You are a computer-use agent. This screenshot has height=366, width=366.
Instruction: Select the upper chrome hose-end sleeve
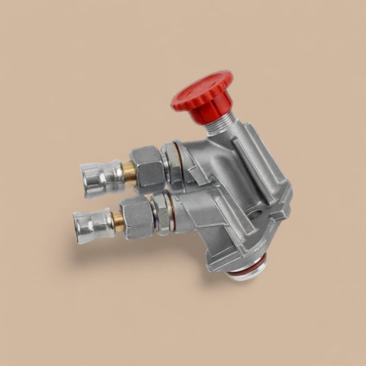[x=102, y=178]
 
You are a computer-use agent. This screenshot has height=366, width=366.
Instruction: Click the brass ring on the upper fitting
[x=129, y=171]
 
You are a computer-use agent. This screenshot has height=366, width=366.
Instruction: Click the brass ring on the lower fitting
[x=119, y=220]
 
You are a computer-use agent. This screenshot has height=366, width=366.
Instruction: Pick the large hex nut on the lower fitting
[x=136, y=216]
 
